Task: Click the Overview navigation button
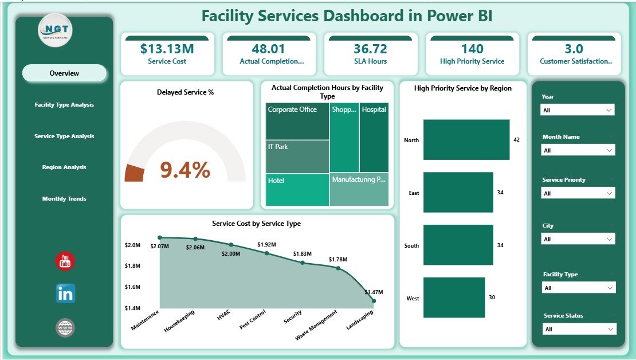pyautogui.click(x=64, y=73)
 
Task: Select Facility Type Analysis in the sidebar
pyautogui.click(x=64, y=105)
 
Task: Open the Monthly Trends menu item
pyautogui.click(x=64, y=199)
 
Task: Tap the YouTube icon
pyautogui.click(x=65, y=261)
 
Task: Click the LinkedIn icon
pyautogui.click(x=65, y=294)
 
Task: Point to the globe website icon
pyautogui.click(x=65, y=328)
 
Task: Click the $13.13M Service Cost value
pyautogui.click(x=167, y=49)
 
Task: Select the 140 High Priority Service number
pyautogui.click(x=472, y=49)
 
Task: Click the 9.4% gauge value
pyautogui.click(x=185, y=170)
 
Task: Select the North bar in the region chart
pyautogui.click(x=466, y=140)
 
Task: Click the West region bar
pyautogui.click(x=454, y=298)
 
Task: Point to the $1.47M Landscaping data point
pyautogui.click(x=374, y=300)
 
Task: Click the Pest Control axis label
pyautogui.click(x=252, y=320)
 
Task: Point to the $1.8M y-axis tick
pyautogui.click(x=132, y=266)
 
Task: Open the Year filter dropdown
pyautogui.click(x=578, y=110)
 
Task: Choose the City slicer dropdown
pyautogui.click(x=578, y=239)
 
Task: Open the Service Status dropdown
pyautogui.click(x=578, y=329)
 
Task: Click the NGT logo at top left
pyautogui.click(x=56, y=30)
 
